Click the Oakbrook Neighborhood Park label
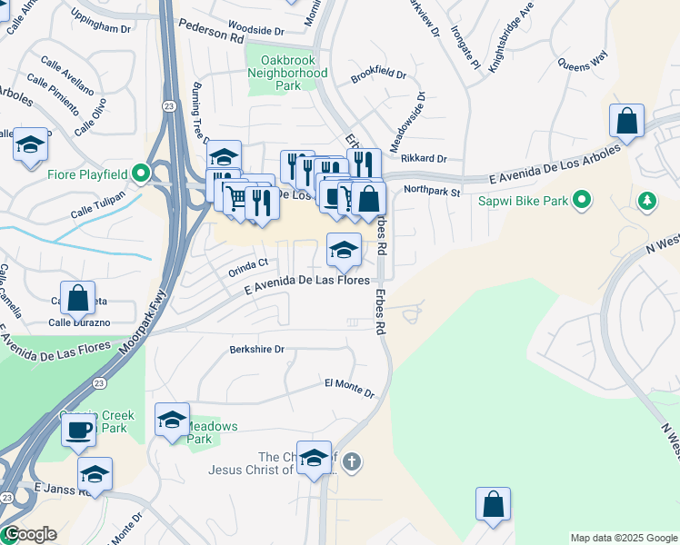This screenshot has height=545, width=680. click(287, 73)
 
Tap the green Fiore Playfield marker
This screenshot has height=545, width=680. click(140, 172)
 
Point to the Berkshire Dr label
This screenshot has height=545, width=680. click(256, 349)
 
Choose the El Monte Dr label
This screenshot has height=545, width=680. click(350, 388)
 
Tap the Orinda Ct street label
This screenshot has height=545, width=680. click(248, 264)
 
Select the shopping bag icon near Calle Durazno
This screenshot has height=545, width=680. click(78, 297)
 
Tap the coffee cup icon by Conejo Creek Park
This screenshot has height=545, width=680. click(79, 429)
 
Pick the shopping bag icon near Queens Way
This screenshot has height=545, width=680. click(626, 120)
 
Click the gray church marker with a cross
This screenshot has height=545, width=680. click(352, 463)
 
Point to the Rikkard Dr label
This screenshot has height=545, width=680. click(424, 158)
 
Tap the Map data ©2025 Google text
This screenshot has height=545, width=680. click(623, 538)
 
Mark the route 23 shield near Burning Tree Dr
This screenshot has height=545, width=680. click(169, 106)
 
